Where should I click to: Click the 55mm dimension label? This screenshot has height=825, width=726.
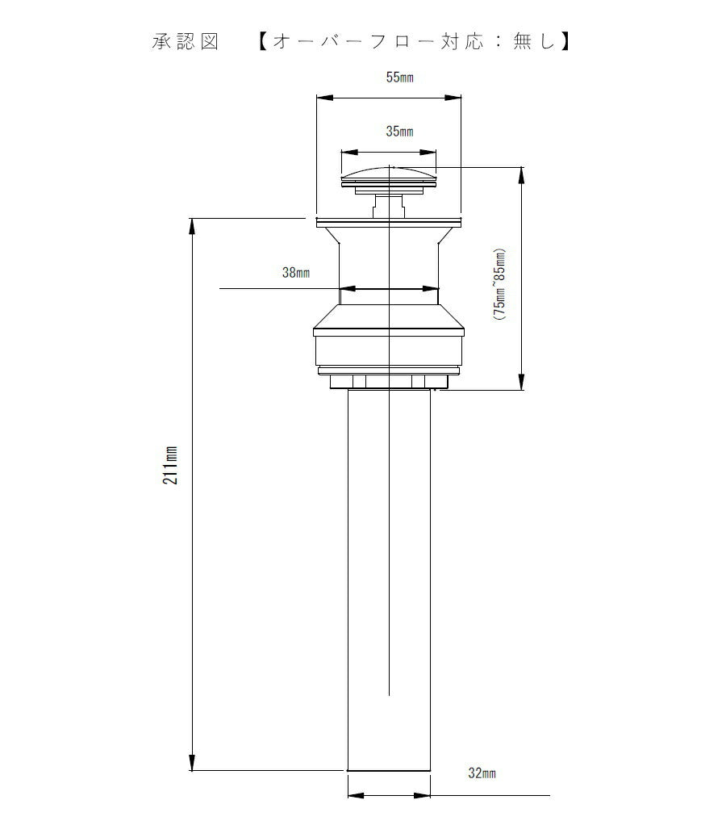pos(399,77)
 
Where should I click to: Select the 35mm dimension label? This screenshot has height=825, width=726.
pos(399,131)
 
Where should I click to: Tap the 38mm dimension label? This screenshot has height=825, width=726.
pos(296,273)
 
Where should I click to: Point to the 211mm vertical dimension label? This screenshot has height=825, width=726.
pos(170,465)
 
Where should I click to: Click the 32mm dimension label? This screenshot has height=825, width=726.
pos(482,773)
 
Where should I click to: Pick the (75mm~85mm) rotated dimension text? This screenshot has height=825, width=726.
pos(499,284)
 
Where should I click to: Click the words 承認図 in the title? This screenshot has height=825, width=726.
pos(185,41)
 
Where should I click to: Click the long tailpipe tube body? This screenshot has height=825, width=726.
pos(389,580)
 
